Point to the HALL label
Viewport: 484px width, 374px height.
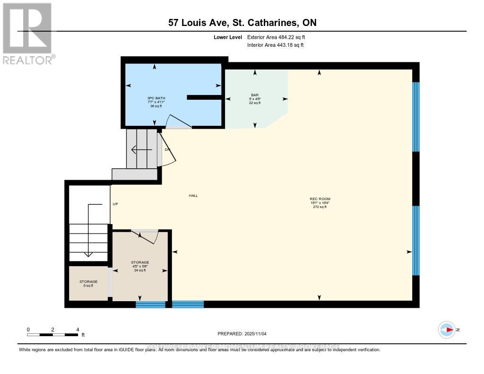click(x=193, y=195)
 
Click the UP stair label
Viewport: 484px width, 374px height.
click(x=115, y=204)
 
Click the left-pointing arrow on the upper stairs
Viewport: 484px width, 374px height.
click(x=135, y=150)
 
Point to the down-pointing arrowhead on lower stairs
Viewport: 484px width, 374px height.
click(x=88, y=254)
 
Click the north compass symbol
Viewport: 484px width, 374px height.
click(x=447, y=330)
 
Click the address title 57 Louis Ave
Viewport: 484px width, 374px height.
click(x=242, y=23)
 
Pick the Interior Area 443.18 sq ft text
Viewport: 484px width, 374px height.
click(x=275, y=45)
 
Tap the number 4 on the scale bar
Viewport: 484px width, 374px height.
click(x=78, y=330)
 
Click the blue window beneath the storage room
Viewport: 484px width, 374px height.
click(x=151, y=304)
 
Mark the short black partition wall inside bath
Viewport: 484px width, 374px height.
click(x=204, y=97)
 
